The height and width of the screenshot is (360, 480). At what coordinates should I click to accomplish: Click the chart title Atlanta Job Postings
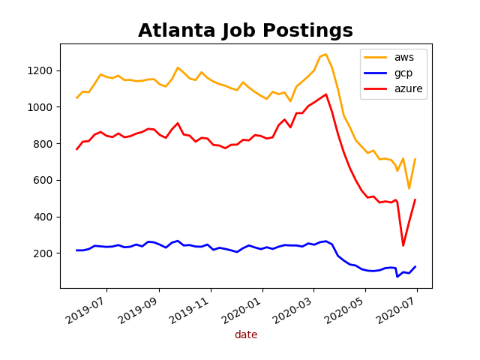[x=245, y=31]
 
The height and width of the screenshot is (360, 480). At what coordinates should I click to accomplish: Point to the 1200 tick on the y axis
[x=42, y=70]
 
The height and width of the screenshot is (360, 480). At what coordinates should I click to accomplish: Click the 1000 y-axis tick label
[x=42, y=107]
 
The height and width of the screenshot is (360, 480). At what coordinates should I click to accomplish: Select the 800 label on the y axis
[x=45, y=144]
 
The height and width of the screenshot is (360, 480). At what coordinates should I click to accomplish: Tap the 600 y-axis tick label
[x=45, y=180]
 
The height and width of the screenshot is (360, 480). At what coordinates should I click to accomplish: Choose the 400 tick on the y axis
[x=45, y=217]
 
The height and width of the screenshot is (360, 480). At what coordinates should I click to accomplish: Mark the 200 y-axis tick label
[x=45, y=253]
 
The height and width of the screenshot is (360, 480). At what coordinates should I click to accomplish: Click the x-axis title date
[x=245, y=335]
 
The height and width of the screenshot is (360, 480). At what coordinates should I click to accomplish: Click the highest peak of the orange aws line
[x=325, y=54]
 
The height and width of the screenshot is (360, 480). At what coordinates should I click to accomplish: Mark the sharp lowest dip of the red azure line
[x=403, y=245]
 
